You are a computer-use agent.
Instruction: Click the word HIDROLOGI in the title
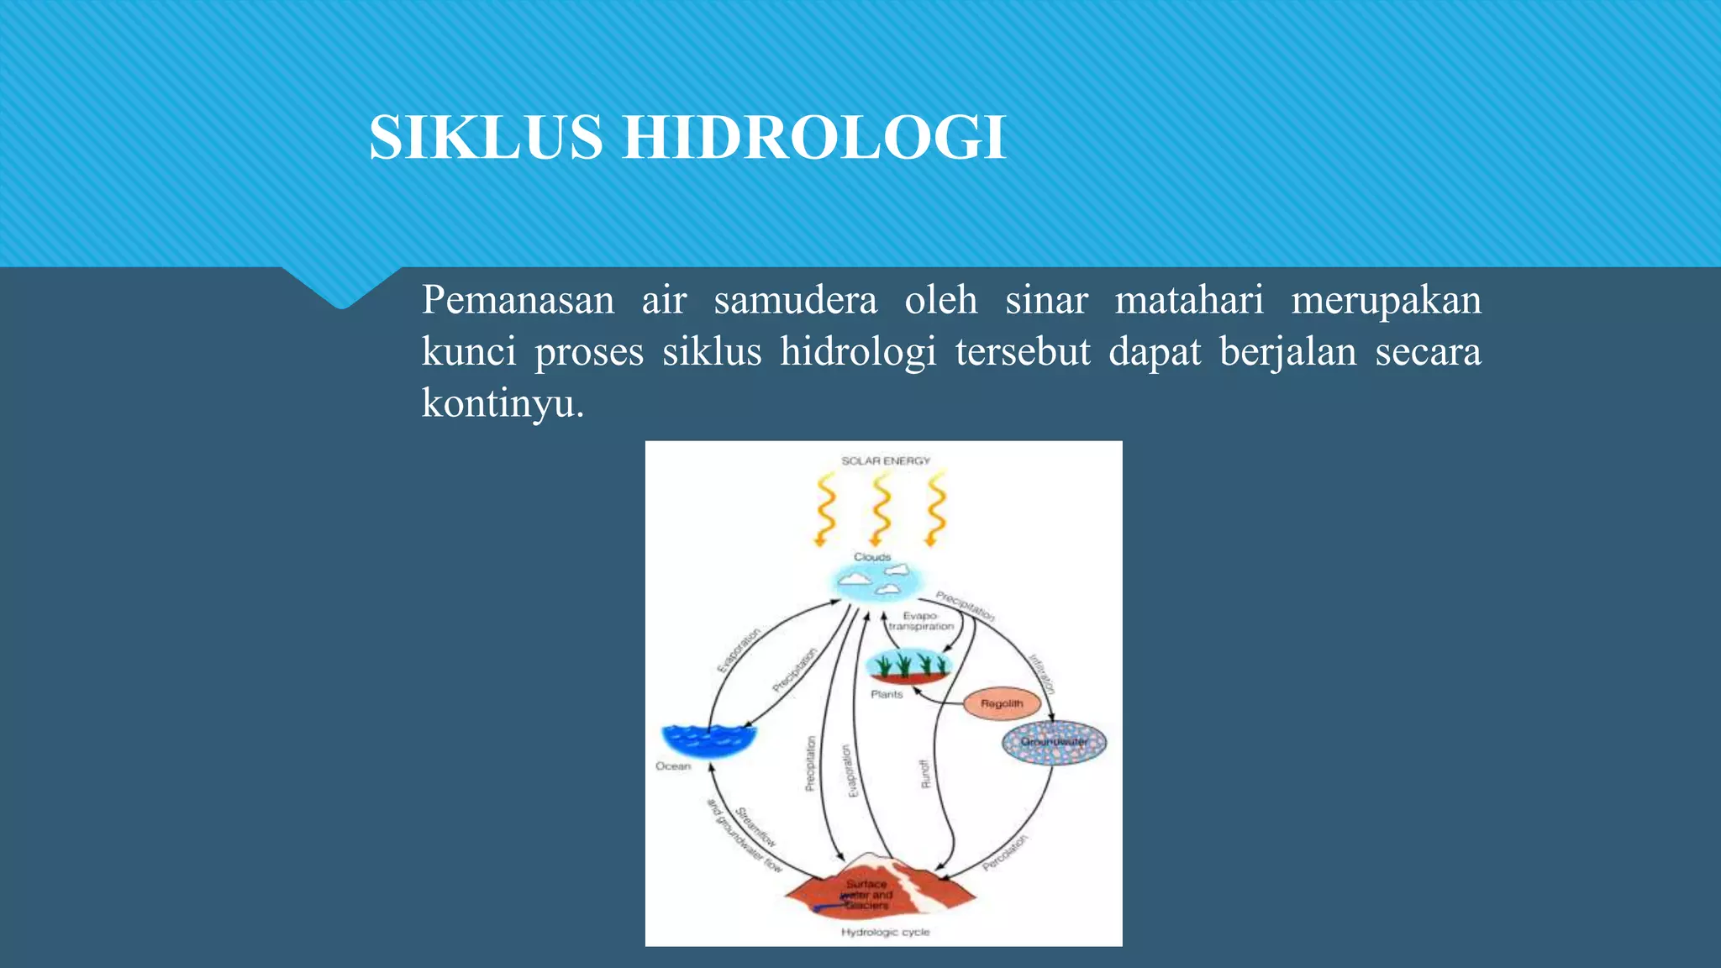click(x=813, y=138)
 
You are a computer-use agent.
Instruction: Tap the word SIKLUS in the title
click(x=486, y=138)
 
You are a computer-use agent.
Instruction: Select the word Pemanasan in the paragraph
click(x=518, y=300)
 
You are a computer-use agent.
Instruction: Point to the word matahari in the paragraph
click(x=1189, y=300)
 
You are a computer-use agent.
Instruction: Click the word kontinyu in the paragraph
click(x=497, y=403)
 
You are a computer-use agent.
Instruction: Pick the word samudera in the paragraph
click(x=795, y=300)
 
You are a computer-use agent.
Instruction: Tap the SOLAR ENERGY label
click(x=886, y=460)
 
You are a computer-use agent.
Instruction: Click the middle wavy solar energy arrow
click(x=881, y=509)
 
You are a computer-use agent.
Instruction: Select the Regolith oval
click(x=1001, y=703)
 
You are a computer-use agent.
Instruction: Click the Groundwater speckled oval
click(x=1054, y=742)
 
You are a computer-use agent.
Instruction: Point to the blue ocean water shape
click(x=708, y=739)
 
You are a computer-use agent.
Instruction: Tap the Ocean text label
click(x=673, y=766)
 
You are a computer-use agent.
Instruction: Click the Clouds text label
click(x=872, y=557)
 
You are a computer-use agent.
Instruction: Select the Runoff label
click(x=925, y=774)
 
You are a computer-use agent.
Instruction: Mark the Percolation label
click(x=1005, y=852)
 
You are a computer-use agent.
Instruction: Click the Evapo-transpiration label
click(x=921, y=621)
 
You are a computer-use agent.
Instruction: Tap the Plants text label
click(x=887, y=694)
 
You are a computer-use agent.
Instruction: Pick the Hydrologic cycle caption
click(x=886, y=932)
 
